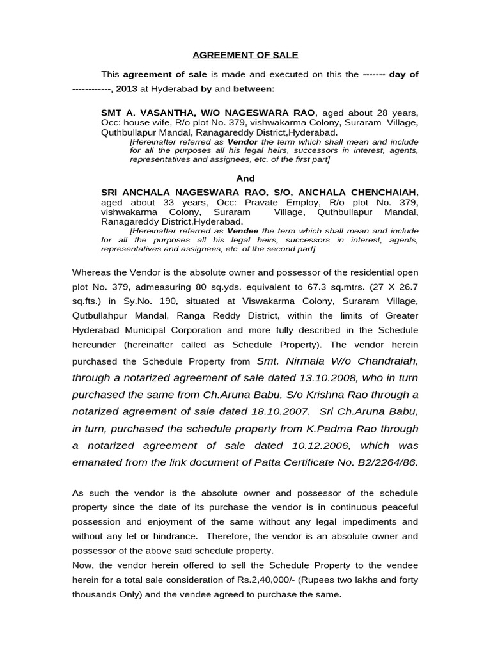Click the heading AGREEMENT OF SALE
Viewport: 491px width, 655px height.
coord(246,56)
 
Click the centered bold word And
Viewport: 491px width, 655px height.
coord(245,178)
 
